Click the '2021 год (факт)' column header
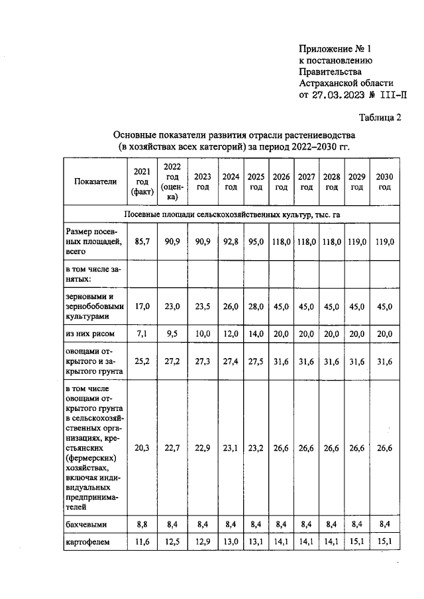141,181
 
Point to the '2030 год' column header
384,181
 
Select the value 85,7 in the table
141,242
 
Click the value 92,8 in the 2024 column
231,242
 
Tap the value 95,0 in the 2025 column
256,242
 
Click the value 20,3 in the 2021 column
141,447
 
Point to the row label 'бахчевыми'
87,524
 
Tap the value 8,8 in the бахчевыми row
141,524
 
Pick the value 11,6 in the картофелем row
141,543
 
